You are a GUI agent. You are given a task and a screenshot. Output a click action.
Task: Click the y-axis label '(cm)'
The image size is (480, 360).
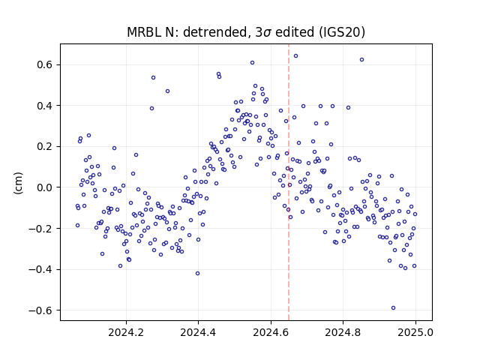(x=18, y=183)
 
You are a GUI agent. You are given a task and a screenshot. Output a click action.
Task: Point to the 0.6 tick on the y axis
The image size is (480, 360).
(x=45, y=65)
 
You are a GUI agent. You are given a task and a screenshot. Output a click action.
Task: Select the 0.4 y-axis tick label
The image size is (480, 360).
(x=45, y=106)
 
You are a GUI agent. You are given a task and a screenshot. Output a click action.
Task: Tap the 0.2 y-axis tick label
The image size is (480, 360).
(x=45, y=147)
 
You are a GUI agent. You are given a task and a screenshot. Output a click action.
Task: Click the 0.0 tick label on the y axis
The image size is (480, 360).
(x=45, y=187)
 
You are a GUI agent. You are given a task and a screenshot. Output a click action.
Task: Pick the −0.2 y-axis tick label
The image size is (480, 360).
(x=41, y=229)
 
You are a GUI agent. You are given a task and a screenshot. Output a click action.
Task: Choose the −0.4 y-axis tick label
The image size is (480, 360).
(x=41, y=270)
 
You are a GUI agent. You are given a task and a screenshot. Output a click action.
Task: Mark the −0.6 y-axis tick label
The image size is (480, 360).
(x=41, y=310)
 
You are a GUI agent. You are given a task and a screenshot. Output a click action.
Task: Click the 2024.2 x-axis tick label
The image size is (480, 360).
(x=126, y=332)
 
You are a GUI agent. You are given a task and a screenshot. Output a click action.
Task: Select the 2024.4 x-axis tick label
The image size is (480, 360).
(x=198, y=332)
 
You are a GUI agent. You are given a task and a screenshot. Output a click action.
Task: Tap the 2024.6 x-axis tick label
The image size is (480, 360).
(x=271, y=332)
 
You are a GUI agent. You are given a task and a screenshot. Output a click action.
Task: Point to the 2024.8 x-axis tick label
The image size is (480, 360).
(x=343, y=332)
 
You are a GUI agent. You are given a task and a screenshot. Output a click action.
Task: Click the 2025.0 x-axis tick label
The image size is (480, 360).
(x=415, y=332)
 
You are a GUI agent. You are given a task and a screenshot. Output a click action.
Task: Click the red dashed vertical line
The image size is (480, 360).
(x=289, y=182)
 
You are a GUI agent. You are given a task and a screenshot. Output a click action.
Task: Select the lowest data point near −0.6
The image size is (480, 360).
(x=393, y=308)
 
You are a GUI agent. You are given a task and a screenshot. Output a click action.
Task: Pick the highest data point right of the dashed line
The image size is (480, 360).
(x=295, y=56)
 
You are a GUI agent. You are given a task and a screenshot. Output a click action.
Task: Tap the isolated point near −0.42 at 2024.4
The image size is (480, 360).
(x=197, y=273)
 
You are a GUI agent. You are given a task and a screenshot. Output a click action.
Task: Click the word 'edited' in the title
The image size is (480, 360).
(x=295, y=32)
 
